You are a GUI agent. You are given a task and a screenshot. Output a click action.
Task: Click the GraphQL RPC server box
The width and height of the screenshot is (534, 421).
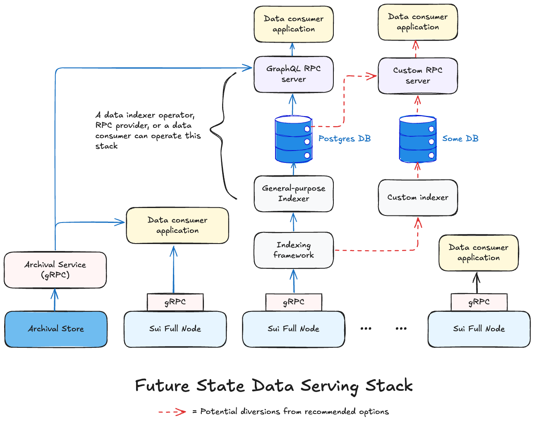pos(293,74)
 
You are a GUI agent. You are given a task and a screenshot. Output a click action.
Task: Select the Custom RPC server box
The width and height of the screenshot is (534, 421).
pos(417,76)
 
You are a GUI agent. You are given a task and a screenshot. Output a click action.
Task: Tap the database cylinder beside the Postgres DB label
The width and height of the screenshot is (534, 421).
pos(293,139)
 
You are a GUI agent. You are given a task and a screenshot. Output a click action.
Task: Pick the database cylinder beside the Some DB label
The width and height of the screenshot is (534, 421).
pos(417,139)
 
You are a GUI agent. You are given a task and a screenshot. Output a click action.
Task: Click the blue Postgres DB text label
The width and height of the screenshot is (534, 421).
pos(344,139)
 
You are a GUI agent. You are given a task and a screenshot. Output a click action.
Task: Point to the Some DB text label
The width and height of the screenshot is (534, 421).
pos(460,139)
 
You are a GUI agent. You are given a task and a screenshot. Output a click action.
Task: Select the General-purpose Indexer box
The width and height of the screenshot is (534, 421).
pos(293,194)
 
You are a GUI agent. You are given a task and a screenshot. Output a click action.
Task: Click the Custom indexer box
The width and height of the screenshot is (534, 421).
pos(417,198)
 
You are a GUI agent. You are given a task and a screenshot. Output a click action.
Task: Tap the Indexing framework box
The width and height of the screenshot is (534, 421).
pos(293,250)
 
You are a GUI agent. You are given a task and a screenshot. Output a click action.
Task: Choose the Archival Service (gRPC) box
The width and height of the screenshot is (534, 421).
pos(55,270)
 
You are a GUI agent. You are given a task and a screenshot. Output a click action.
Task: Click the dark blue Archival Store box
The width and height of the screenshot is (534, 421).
pos(56,329)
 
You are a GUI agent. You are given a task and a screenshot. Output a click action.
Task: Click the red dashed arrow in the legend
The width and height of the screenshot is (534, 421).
pos(172,411)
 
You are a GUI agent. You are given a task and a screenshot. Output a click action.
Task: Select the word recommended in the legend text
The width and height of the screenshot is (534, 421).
pos(330,411)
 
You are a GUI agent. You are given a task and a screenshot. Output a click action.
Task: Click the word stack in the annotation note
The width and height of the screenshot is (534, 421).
pos(106,146)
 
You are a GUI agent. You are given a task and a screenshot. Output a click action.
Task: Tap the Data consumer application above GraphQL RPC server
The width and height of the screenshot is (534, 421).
pos(293,24)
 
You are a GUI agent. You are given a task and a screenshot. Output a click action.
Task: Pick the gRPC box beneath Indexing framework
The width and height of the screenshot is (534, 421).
pos(293,302)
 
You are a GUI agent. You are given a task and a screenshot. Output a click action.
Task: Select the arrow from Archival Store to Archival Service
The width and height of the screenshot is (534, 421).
pos(54,300)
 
